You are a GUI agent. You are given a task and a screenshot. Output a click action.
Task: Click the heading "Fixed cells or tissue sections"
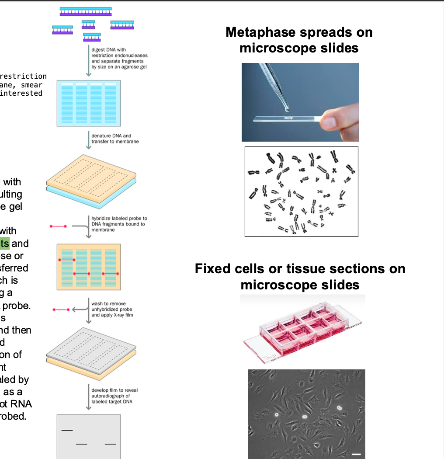tap(300, 268)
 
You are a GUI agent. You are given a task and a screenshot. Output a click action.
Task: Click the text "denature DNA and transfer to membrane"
tap(115, 139)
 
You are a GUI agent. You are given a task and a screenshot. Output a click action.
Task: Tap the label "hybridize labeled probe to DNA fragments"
tap(119, 224)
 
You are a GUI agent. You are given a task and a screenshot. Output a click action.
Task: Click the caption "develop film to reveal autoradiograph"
tap(114, 396)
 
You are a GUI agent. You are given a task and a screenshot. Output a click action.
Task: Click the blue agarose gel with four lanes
tap(88, 104)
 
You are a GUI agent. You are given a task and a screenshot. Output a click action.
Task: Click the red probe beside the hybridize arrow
tap(58, 226)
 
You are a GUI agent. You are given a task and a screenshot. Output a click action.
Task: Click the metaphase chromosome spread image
tap(301, 191)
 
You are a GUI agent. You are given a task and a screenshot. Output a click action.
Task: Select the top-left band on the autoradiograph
tap(67, 431)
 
